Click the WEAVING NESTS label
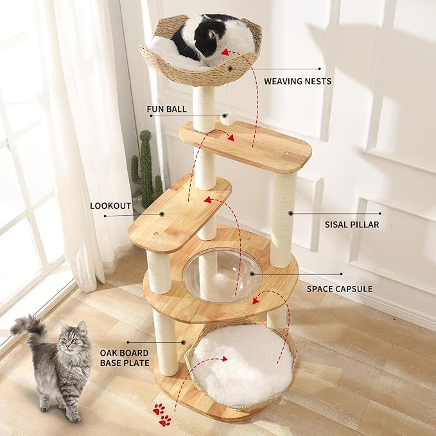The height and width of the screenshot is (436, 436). coord(297,81)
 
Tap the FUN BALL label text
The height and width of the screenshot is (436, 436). coord(166,109)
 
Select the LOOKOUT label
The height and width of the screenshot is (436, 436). coord(110,206)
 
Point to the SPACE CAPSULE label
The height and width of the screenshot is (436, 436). coord(339,289)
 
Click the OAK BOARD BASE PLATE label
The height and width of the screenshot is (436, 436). coord(124,358)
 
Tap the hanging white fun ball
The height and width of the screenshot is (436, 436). coord(226,119)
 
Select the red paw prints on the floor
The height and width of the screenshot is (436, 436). coord(161,414)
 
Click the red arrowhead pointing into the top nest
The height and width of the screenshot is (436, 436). coord(226,52)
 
